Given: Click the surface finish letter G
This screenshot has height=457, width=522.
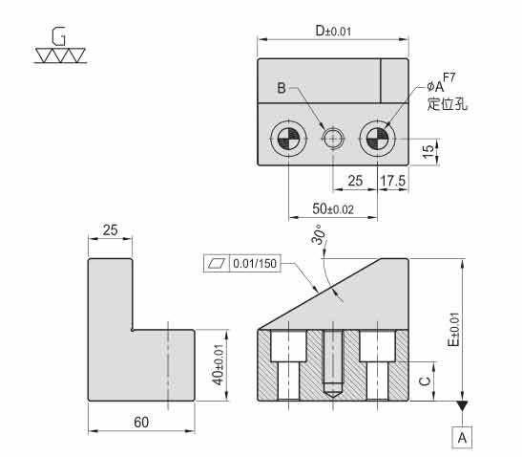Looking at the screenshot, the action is click(x=58, y=36).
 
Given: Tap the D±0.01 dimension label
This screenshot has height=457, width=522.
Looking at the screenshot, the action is click(x=333, y=31).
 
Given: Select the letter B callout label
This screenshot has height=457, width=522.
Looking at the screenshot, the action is click(x=282, y=88).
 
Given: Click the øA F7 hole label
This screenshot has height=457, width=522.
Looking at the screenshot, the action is click(x=441, y=83).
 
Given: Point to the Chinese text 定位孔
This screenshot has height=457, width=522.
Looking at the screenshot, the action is click(x=448, y=104).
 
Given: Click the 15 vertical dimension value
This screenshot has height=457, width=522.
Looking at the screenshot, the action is click(x=428, y=151).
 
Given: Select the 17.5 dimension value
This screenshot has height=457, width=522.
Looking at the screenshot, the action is click(x=393, y=181).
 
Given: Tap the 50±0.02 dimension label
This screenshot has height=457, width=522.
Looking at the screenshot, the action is click(x=333, y=209).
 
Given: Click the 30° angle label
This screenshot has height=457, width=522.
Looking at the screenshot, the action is click(x=319, y=234).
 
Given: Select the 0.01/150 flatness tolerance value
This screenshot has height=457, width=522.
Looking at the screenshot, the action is click(x=255, y=264).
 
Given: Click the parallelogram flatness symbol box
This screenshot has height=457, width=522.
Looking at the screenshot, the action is click(x=217, y=264).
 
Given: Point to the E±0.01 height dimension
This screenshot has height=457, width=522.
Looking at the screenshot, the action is click(x=453, y=329).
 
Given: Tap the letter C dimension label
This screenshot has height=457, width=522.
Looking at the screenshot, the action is click(x=425, y=381).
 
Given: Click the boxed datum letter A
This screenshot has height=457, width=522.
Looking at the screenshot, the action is click(x=462, y=437).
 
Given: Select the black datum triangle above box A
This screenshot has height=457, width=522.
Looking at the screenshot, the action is click(x=462, y=405).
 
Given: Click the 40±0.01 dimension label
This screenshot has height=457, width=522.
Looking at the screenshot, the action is click(x=219, y=364).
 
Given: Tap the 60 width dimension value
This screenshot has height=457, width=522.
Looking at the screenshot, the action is click(x=141, y=423).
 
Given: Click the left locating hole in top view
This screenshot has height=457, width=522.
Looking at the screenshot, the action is click(x=288, y=138).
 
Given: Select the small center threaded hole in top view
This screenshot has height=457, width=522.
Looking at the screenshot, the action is click(x=333, y=138).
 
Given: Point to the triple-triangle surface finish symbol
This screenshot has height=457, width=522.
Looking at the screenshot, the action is click(x=60, y=55).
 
